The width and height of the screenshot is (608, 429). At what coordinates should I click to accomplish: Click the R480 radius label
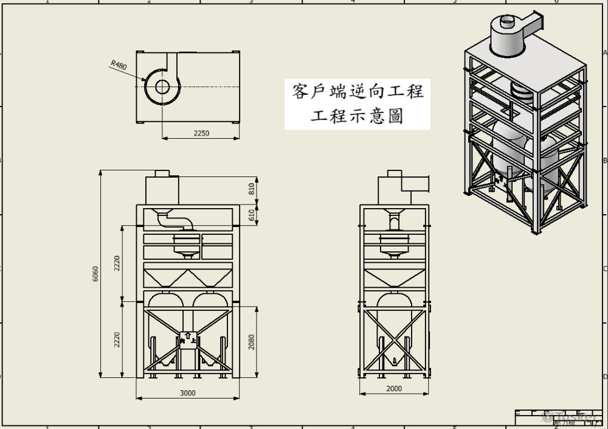tap(119, 65)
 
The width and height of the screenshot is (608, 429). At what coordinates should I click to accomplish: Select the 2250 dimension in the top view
tap(201, 133)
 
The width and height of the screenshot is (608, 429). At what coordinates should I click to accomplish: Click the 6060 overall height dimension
tap(95, 274)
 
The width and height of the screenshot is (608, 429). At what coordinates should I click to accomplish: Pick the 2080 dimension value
tap(252, 342)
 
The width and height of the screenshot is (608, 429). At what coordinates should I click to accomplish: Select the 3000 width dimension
tap(188, 393)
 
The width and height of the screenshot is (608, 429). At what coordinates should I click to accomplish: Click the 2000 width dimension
tap(394, 389)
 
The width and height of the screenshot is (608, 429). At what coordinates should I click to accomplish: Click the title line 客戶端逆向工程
tap(358, 92)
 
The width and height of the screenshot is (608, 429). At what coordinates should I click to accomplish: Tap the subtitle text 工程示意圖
tap(358, 116)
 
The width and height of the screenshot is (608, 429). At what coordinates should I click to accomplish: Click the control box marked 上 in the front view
tap(188, 340)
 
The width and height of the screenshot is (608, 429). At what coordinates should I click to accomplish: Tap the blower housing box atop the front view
tap(162, 189)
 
